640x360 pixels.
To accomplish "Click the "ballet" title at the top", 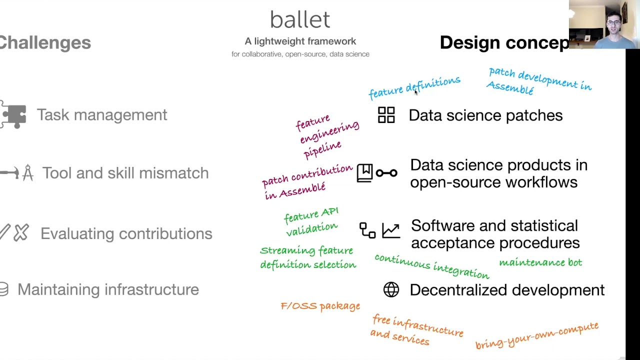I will pyautogui.click(x=300, y=20).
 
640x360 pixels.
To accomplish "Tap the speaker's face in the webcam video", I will pyautogui.click(x=613, y=22).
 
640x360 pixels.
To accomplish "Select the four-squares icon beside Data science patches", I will pyautogui.click(x=386, y=115).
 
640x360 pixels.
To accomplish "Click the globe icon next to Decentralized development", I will pyautogui.click(x=391, y=289).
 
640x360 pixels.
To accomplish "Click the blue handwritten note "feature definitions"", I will pyautogui.click(x=414, y=87).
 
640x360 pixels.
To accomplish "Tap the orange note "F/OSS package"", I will pyautogui.click(x=320, y=305).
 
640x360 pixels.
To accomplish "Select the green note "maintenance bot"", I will pyautogui.click(x=540, y=262).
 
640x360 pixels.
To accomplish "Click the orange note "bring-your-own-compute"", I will pyautogui.click(x=536, y=335).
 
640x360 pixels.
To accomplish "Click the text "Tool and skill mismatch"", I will pyautogui.click(x=125, y=173).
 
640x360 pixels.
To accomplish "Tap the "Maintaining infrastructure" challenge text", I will pyautogui.click(x=108, y=289).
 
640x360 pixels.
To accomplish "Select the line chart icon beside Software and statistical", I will pyautogui.click(x=390, y=230).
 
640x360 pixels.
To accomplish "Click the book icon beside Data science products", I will pyautogui.click(x=364, y=173).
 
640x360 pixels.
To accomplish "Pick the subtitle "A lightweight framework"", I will pyautogui.click(x=300, y=41).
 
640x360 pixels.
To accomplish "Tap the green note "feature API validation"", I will pyautogui.click(x=311, y=221).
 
